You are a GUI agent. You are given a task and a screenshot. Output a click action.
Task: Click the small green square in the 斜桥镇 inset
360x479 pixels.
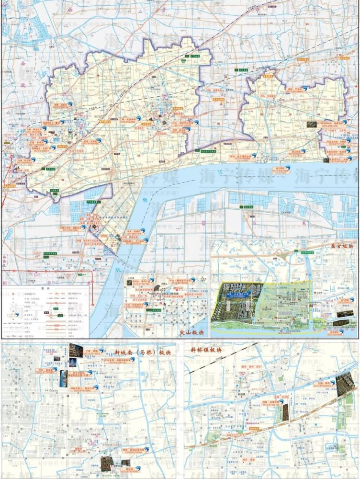pyautogui.click(x=280, y=378)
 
